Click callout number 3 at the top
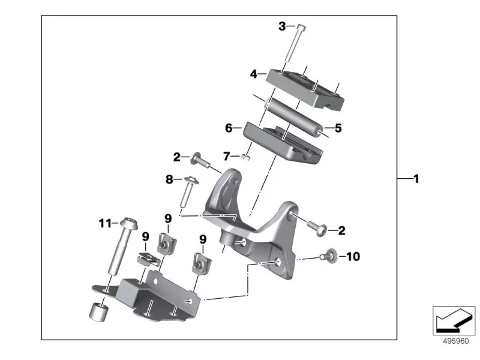[x=282, y=26]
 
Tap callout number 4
[x=254, y=74]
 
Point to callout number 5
[x=338, y=128]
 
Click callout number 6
[x=229, y=128]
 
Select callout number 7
[x=226, y=157]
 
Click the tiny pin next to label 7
[x=245, y=158]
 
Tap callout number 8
[x=169, y=179]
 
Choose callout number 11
[x=105, y=224]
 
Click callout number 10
[x=353, y=257]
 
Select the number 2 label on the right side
[x=341, y=230]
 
